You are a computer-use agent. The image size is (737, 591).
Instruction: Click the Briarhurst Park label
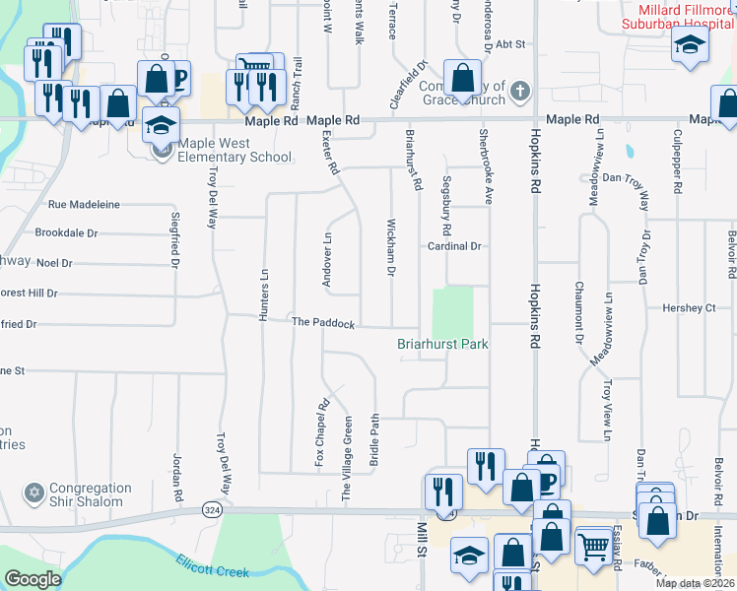pyautogui.click(x=442, y=344)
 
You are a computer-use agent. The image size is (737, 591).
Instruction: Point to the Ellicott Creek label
pyautogui.click(x=212, y=565)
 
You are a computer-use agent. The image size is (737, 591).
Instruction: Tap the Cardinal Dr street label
pyautogui.click(x=453, y=246)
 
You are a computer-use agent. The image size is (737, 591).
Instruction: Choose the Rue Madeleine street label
pyautogui.click(x=84, y=205)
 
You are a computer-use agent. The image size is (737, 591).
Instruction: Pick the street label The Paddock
pyautogui.click(x=322, y=322)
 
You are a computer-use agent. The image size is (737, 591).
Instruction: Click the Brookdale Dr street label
pyautogui.click(x=66, y=233)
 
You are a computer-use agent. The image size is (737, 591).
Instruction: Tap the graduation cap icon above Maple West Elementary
pyautogui.click(x=161, y=125)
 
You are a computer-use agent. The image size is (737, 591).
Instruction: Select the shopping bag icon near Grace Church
pyautogui.click(x=462, y=77)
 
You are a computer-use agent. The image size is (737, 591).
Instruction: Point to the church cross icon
pyautogui.click(x=520, y=94)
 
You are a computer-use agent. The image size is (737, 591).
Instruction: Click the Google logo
pyautogui.click(x=33, y=579)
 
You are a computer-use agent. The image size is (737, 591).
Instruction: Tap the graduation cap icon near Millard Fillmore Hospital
pyautogui.click(x=689, y=44)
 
